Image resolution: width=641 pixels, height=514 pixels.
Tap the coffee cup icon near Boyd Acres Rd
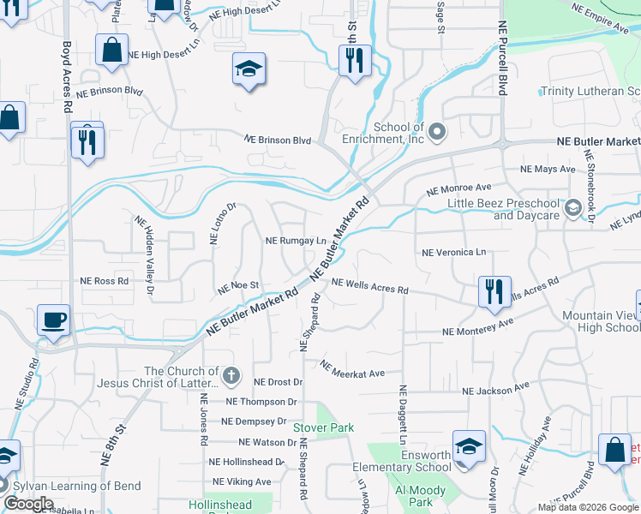point(54,320)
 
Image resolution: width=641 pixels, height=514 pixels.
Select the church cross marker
point(231,375)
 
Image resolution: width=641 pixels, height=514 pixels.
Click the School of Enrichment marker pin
point(437,132)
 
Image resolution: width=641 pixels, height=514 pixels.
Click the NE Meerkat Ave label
point(353,369)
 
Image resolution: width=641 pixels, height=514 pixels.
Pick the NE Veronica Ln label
point(454,253)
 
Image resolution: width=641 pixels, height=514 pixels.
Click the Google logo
point(27,503)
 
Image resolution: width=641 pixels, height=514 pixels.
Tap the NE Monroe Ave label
point(459,187)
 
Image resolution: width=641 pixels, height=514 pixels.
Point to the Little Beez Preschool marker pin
point(572,207)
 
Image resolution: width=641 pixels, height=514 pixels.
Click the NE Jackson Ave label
point(496,390)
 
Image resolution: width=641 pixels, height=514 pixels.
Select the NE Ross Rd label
point(105,280)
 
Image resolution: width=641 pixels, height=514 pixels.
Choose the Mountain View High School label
point(601,322)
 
